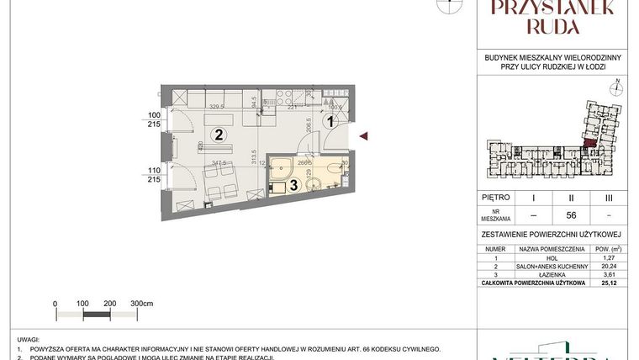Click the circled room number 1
coord(330,122)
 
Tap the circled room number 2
coord(218,134)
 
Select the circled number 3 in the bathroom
coord(293,185)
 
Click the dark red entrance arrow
coord(363,136)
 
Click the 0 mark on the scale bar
coord(55,303)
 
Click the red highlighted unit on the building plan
coord(591,143)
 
